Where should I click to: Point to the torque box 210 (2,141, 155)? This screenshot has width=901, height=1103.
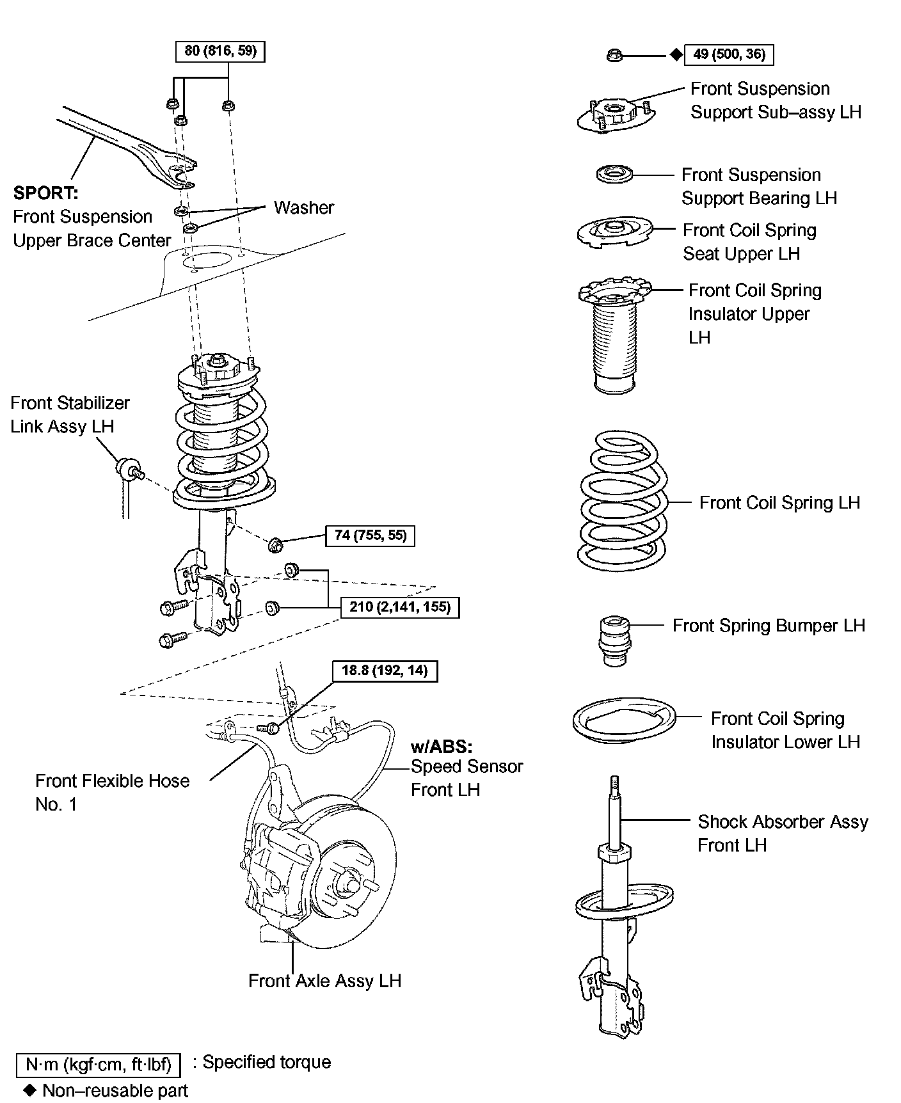[400, 607]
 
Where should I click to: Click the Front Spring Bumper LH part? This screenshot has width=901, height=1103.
[614, 640]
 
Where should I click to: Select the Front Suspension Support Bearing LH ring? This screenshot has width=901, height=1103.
[614, 173]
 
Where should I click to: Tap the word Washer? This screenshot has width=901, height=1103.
[304, 207]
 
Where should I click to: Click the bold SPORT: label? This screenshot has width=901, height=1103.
[45, 193]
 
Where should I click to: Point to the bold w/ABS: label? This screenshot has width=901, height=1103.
[442, 746]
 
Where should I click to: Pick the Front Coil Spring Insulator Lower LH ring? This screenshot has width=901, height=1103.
[624, 722]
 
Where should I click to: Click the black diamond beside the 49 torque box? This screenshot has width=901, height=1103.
[676, 55]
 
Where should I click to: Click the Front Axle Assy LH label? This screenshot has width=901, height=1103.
[324, 981]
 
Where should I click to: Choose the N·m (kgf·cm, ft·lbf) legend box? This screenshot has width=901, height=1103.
[98, 1065]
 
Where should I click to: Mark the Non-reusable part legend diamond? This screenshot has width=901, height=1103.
[29, 1089]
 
